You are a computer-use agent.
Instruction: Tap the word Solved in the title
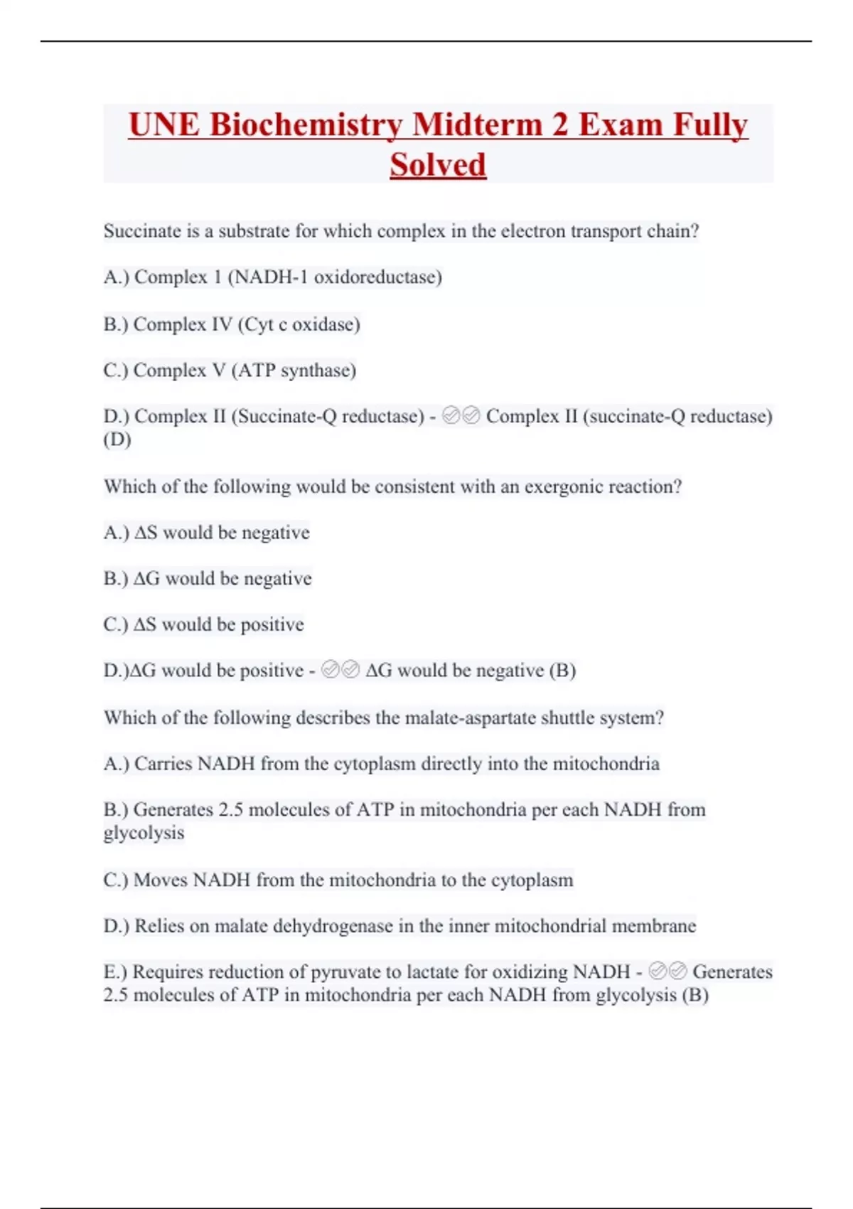438,165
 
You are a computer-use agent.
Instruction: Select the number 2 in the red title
559,125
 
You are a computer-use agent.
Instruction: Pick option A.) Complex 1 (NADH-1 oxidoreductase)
272,277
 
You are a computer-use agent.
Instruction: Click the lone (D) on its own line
117,440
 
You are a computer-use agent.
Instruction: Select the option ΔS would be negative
206,533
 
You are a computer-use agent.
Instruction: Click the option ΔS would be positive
203,624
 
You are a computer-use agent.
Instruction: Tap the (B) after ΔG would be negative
562,670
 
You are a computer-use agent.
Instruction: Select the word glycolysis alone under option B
144,833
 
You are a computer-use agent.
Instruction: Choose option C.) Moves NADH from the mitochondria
338,880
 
